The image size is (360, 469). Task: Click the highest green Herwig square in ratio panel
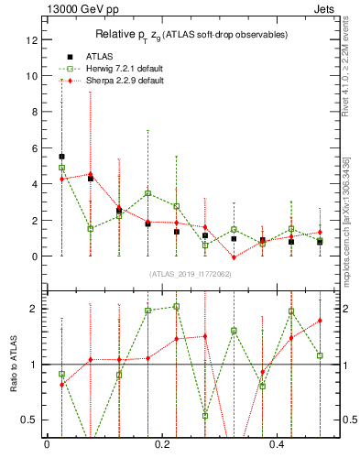click(176, 307)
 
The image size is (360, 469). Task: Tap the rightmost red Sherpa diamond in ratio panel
click(320, 321)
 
